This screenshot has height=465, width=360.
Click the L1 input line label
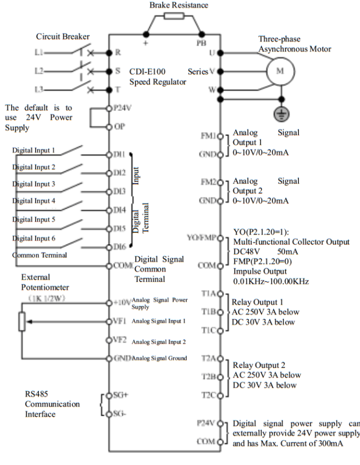[38, 52]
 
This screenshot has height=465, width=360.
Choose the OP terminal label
[119, 127]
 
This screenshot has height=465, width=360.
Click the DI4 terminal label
[120, 209]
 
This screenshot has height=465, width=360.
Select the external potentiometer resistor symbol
[22, 320]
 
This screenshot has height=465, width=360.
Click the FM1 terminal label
[208, 136]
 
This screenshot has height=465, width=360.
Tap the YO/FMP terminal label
[204, 237]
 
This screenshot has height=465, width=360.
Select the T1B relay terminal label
[209, 312]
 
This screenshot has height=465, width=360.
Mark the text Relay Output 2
[259, 365]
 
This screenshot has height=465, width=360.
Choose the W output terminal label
[212, 90]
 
